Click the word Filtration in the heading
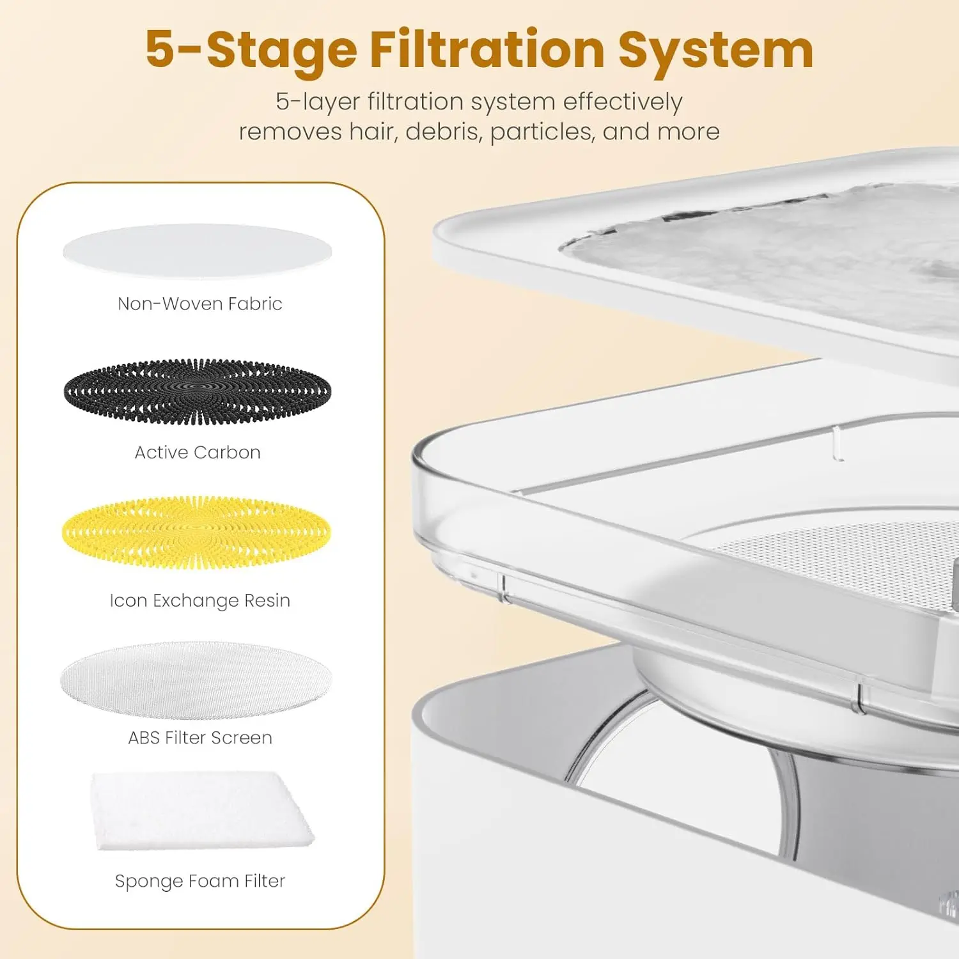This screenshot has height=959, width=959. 487,49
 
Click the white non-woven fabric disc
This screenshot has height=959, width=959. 198,251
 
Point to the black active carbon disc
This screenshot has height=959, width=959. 198,391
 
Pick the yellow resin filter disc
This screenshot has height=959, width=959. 196,533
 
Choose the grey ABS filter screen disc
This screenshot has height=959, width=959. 196,680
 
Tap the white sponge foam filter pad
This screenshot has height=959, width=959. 201,811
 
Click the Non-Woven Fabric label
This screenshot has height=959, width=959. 200,304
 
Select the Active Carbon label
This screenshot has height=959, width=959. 198,453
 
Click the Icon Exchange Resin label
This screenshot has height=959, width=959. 200,601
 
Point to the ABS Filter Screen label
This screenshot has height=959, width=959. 200,738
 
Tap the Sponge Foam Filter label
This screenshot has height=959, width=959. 200,881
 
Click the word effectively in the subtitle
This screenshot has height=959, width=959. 622,102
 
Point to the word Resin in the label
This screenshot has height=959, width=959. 267,600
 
